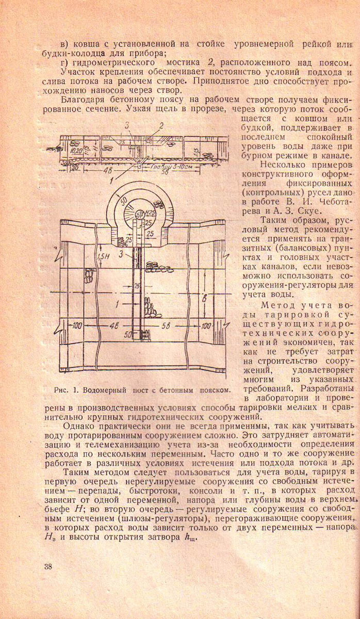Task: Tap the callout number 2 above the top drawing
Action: pos(161,125)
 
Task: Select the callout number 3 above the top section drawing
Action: pos(127,125)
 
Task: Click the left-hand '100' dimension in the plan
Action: pos(77,325)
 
